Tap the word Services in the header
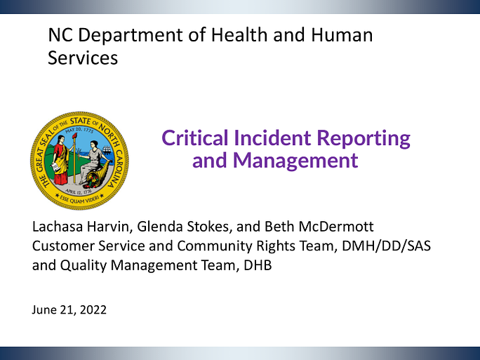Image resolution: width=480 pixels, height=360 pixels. click(x=83, y=58)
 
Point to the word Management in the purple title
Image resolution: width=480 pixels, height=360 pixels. click(x=295, y=161)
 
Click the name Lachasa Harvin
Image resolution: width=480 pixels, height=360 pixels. click(x=80, y=227)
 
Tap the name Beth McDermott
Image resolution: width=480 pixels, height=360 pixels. click(x=319, y=227)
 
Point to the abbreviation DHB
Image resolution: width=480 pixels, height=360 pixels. click(x=258, y=265)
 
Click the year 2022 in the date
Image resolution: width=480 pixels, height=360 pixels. click(x=93, y=309)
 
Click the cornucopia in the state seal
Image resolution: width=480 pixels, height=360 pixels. click(x=96, y=178)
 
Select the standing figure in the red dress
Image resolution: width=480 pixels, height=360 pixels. click(x=60, y=160)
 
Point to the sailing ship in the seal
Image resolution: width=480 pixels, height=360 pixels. click(x=107, y=149)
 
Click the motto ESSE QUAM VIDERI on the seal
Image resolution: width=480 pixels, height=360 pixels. click(x=79, y=199)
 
